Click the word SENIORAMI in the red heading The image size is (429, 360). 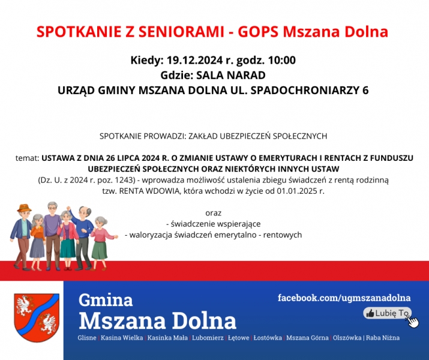181,31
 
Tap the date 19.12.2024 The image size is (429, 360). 194,60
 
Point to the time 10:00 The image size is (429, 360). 282,60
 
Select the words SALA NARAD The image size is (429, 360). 231,75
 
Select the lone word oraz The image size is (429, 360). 214,213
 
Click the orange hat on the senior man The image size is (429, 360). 24,208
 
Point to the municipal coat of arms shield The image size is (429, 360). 37,317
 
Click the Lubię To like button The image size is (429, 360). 387,313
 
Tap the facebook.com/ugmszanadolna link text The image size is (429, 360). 344,298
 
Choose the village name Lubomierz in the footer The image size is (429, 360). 208,338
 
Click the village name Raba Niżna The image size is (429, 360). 383,338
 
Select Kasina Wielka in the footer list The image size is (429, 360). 122,338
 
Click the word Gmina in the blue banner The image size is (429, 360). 106,299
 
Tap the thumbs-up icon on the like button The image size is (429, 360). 370,313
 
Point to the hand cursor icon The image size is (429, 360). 413,322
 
